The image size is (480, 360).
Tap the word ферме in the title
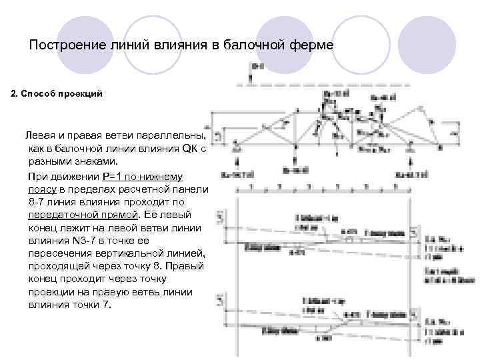coord(311,46)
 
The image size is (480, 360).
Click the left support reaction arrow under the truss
coord(238,162)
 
